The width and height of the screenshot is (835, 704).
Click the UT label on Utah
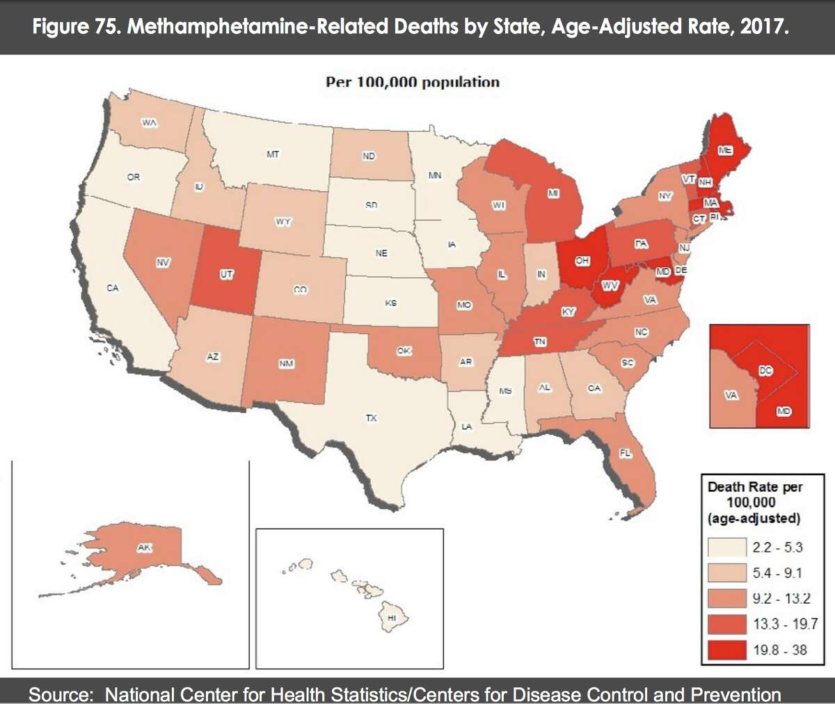coord(227,275)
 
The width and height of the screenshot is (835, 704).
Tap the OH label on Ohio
coord(582,261)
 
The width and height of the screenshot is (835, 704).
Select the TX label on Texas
coord(372,417)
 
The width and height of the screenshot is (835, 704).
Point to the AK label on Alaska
coord(144,548)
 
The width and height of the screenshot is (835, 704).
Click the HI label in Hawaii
coord(392,618)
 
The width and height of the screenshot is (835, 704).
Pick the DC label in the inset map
coord(765,371)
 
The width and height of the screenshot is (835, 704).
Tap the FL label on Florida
coord(625,453)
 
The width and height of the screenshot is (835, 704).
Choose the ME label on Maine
coord(725,150)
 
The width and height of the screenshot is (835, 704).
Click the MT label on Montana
coord(273,154)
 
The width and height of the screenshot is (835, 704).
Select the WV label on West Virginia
coord(610,286)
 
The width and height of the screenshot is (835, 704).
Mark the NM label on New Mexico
coord(286,364)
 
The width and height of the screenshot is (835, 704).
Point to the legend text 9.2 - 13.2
coord(781,598)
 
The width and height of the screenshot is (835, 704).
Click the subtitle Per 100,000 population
coord(413,82)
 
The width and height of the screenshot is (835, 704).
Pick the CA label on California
coord(113,287)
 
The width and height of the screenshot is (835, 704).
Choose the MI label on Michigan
coord(553,193)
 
